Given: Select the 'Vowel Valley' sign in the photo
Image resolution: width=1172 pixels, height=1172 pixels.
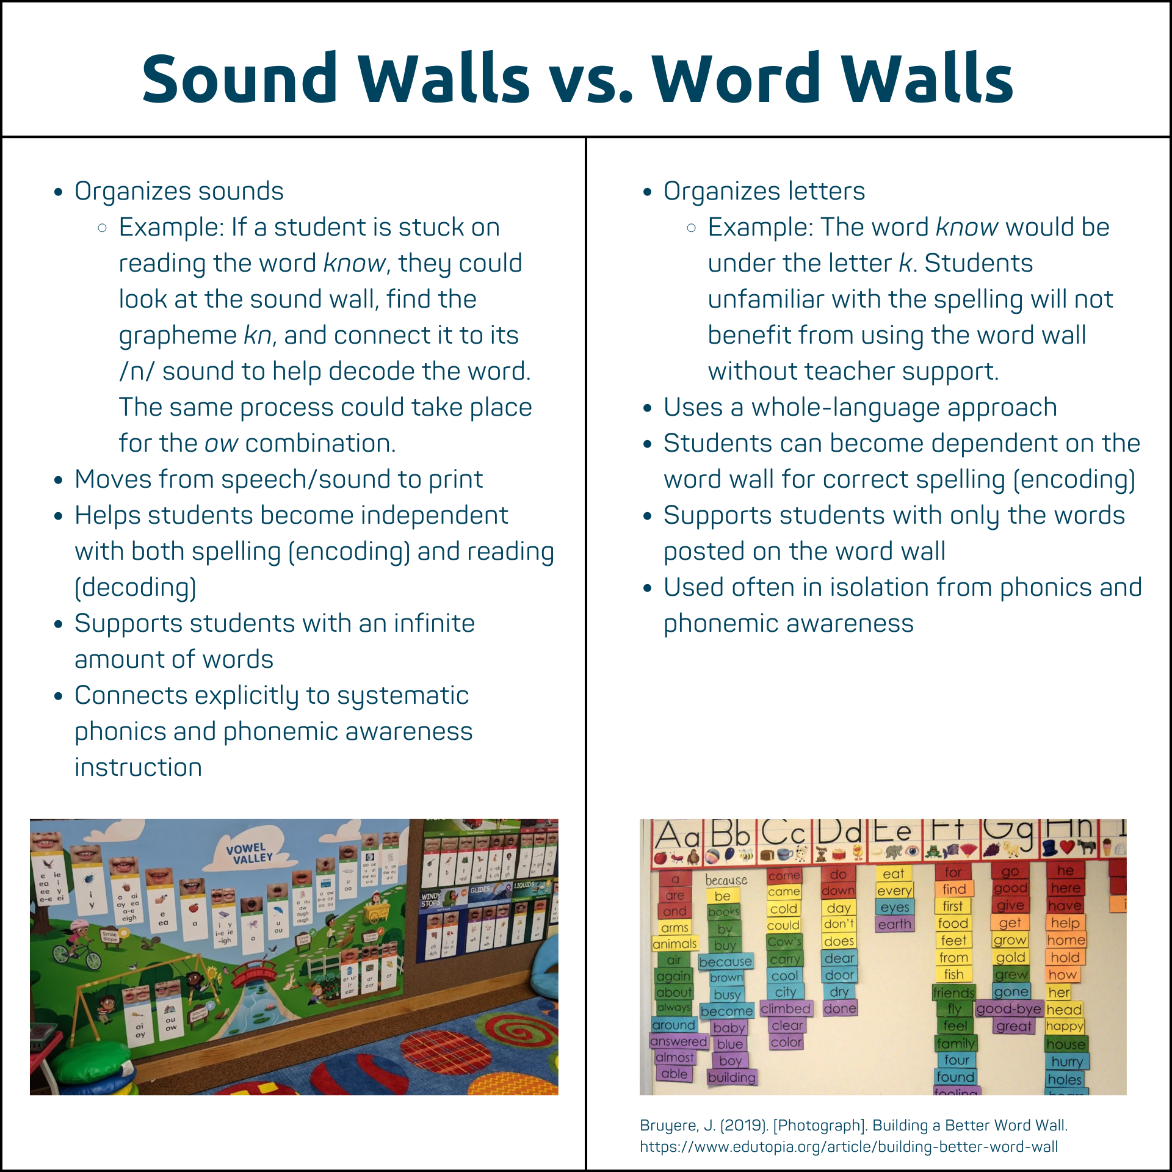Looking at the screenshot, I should [249, 853].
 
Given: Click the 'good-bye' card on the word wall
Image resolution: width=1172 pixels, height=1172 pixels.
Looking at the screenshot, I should [1008, 1009].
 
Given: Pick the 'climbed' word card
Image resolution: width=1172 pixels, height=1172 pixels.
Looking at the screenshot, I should [785, 1008].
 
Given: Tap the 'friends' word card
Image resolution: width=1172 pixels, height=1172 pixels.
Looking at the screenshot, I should [953, 993].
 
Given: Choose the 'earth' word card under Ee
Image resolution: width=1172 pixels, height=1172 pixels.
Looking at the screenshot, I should [894, 924].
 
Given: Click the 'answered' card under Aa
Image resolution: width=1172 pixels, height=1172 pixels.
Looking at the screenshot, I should [678, 1041].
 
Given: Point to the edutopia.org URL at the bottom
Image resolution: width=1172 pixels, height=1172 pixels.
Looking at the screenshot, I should [848, 1146].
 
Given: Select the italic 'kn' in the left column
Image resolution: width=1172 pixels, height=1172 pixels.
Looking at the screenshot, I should [257, 335].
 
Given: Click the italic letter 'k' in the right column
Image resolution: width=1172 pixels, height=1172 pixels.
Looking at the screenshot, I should [905, 263].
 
